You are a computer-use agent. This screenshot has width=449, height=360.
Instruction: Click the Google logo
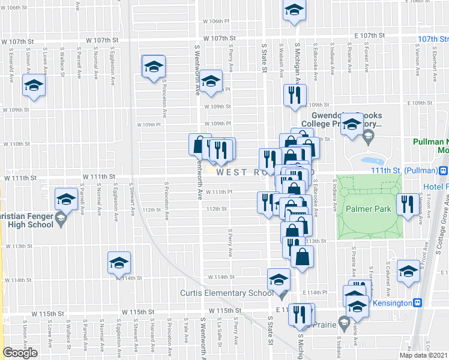(20, 353)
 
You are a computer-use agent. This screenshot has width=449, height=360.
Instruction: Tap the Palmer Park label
(368, 209)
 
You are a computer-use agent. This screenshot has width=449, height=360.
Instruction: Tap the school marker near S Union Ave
(34, 85)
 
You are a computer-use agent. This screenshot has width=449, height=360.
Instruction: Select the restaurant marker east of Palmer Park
(408, 205)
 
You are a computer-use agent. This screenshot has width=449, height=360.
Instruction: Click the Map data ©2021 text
(424, 355)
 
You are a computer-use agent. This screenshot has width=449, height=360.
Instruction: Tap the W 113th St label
(19, 246)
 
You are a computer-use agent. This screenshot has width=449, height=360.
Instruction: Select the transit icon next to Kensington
(420, 303)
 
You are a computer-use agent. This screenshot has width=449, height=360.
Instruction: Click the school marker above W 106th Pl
(294, 11)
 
